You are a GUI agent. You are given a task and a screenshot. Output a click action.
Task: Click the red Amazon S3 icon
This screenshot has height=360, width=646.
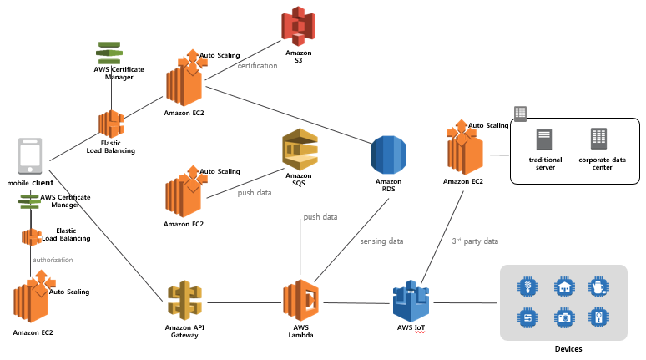(x=298, y=26)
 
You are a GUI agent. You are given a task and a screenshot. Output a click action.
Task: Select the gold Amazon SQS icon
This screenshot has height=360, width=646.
(x=300, y=150)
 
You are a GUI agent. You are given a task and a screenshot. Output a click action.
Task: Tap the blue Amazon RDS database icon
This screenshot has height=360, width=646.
(x=388, y=155)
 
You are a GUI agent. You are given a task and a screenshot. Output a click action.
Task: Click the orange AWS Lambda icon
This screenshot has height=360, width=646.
(x=300, y=300)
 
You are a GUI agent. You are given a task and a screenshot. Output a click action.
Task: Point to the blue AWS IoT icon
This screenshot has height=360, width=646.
(x=411, y=301)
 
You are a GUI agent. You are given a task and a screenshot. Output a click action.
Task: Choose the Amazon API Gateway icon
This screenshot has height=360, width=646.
(x=184, y=301)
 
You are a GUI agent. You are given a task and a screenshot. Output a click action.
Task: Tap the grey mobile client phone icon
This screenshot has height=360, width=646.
(x=30, y=156)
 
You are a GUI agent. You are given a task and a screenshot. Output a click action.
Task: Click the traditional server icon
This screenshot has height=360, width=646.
(x=544, y=139)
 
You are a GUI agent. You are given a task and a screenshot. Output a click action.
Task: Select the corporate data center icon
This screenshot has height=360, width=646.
(x=598, y=139)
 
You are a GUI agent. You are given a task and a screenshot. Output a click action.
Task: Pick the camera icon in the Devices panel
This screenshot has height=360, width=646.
(x=564, y=317)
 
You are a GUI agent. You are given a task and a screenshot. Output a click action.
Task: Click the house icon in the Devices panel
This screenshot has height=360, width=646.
(x=564, y=286)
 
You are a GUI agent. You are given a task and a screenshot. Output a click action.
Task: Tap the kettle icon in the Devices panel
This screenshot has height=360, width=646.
(x=598, y=286)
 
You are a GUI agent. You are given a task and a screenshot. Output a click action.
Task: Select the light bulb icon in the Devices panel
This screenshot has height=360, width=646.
(x=527, y=286)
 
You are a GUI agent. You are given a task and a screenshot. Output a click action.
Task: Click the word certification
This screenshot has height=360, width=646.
(x=258, y=65)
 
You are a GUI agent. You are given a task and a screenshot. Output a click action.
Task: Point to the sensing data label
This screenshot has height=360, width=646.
(x=381, y=241)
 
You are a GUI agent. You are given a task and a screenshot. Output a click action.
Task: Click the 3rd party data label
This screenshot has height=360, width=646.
(x=475, y=241)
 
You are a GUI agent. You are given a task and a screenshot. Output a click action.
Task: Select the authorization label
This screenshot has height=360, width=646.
(x=53, y=260)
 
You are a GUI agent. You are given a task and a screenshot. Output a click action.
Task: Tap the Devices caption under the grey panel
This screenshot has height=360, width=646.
(x=568, y=349)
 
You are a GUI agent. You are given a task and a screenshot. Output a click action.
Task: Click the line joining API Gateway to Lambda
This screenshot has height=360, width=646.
(x=245, y=302)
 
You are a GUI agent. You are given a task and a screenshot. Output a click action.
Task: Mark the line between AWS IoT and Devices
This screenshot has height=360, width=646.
(x=466, y=302)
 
